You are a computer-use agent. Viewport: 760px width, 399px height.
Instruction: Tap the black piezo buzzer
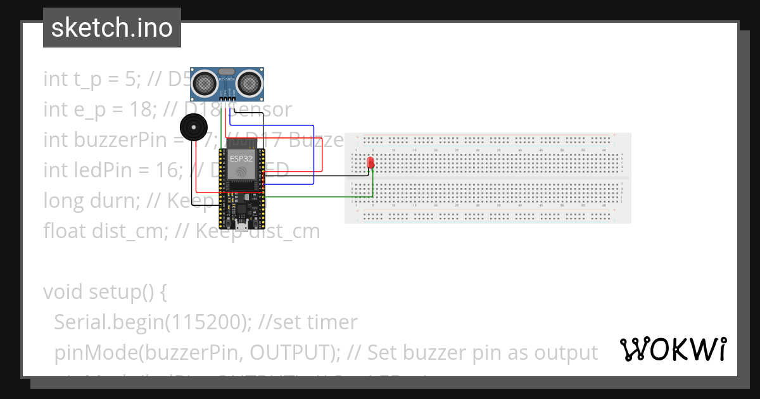click(193, 127)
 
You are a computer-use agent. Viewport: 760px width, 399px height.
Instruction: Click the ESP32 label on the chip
click(241, 158)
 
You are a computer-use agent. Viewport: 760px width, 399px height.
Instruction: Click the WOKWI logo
click(673, 349)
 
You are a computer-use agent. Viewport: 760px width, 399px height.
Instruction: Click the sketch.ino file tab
click(111, 28)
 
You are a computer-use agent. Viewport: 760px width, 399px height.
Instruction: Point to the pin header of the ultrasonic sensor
click(227, 97)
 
